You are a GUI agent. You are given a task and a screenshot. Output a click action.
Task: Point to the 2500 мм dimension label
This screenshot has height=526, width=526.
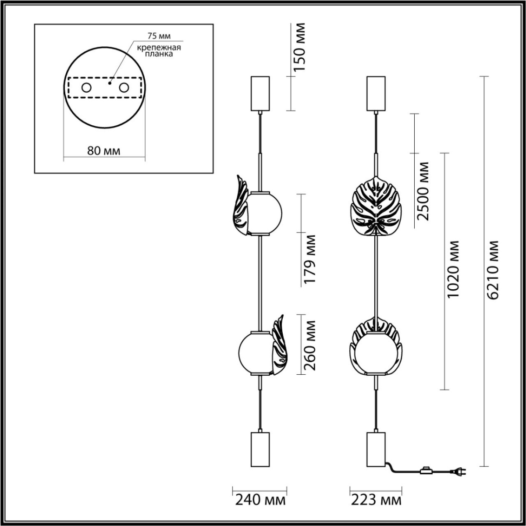click(x=423, y=191)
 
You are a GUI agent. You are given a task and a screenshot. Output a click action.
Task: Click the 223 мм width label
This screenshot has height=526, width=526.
click(x=376, y=500)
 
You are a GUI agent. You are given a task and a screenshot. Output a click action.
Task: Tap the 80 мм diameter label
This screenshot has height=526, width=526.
click(x=104, y=151)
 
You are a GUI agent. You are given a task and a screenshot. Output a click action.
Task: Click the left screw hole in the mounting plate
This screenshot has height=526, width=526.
click(x=86, y=88)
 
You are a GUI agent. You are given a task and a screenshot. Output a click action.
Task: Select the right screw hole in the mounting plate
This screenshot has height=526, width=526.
click(x=124, y=88)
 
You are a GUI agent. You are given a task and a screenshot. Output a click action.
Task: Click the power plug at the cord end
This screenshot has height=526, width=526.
click(x=460, y=472)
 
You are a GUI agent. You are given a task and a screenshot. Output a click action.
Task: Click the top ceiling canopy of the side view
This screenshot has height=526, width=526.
click(x=260, y=93)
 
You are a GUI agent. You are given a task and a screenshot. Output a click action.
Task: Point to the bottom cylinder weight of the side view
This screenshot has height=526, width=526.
click(x=260, y=449)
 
